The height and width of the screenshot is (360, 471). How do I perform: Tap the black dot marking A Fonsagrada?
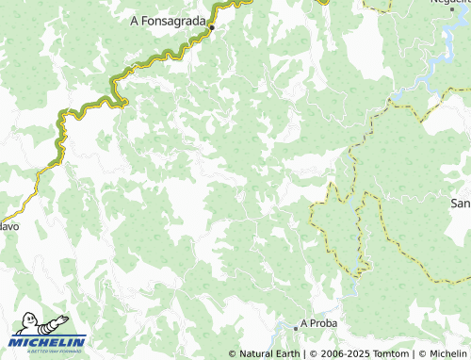tap(212, 27)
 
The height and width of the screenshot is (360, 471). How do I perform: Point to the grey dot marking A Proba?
tap(296, 325)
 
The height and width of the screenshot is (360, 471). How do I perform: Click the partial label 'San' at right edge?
tap(460, 204)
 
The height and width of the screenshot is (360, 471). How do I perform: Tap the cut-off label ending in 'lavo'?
tap(8, 226)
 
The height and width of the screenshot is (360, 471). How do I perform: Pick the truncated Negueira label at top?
tap(450, 3)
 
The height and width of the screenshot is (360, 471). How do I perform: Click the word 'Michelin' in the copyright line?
tap(447, 353)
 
